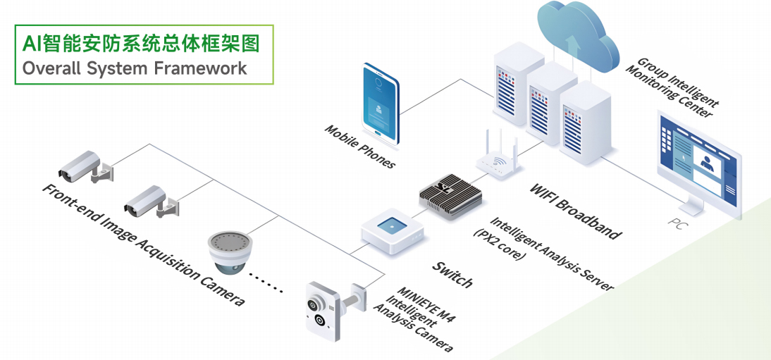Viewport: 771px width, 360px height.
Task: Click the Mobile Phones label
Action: (x=359, y=147)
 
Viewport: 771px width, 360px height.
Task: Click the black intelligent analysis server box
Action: (x=450, y=194)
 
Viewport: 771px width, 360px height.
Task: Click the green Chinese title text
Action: (x=141, y=44)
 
